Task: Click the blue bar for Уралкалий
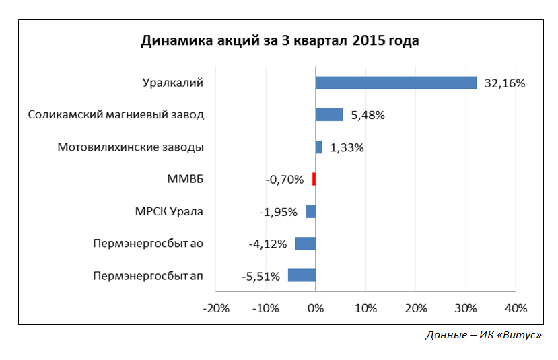[396, 83]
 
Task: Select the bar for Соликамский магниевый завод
[329, 115]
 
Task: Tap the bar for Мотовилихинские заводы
[319, 147]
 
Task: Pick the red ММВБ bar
[314, 179]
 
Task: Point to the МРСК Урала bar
[311, 211]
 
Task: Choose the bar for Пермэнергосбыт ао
[305, 244]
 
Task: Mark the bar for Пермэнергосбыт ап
[302, 275]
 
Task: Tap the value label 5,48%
[368, 115]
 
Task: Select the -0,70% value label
[285, 180]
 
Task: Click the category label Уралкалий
[173, 83]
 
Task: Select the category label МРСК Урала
[170, 211]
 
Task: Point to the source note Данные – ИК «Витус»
[484, 334]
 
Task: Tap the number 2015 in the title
[367, 41]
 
